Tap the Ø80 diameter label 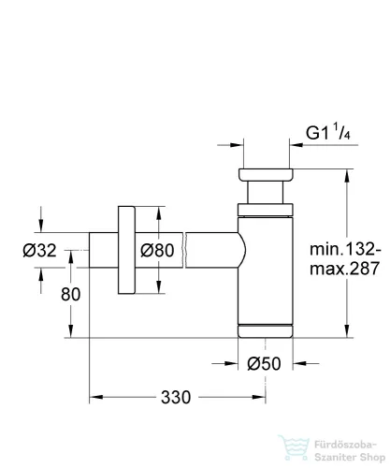point(160,250)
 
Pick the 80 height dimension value point(69,293)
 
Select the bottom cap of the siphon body point(267,329)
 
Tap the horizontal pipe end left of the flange point(102,250)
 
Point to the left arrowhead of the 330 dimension point(94,398)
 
